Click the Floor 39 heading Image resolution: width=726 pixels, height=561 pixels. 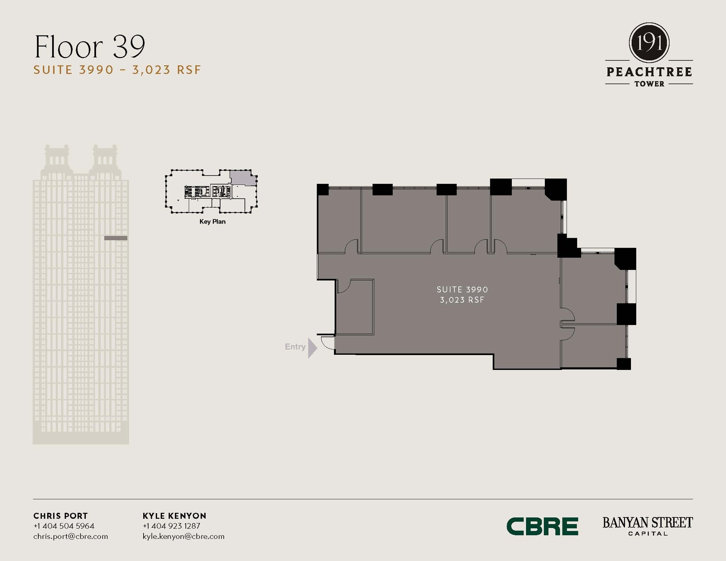(90, 47)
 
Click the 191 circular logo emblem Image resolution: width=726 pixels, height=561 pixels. (649, 43)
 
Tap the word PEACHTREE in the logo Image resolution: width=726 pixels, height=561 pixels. (649, 72)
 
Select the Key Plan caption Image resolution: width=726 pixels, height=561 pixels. (212, 221)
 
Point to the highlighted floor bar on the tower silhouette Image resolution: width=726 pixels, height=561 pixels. (116, 238)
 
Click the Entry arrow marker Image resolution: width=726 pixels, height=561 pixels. (312, 348)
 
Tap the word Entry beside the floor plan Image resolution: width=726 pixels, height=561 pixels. (295, 347)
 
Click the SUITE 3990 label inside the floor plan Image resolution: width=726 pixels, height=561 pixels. (462, 290)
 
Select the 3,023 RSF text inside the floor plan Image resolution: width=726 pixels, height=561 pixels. (462, 300)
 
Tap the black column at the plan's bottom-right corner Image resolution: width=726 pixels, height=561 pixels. (624, 364)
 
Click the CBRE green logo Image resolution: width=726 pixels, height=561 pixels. (542, 526)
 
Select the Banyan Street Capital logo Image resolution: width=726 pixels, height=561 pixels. (647, 526)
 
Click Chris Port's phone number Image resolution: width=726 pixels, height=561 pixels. (64, 526)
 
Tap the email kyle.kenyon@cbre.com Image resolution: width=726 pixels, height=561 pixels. (183, 536)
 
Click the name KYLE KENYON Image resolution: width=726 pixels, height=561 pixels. (174, 516)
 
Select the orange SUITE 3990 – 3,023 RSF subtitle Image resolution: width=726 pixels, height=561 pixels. (117, 70)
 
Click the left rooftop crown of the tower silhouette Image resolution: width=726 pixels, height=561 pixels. (56, 158)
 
